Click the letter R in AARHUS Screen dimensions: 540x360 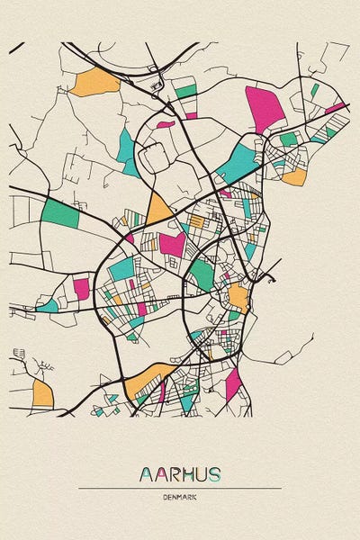(173, 474)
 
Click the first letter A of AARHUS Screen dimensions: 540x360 (146, 474)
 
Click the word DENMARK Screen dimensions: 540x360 (180, 498)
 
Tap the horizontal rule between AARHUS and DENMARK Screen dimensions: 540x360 (180, 489)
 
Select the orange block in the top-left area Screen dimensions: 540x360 (95, 83)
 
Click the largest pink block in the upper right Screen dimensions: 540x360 (265, 106)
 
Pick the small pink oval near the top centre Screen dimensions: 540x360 (165, 123)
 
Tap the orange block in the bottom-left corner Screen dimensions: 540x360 (42, 392)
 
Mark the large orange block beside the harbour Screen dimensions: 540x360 (238, 296)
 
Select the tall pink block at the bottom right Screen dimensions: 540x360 (233, 383)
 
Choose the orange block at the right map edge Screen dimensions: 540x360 (294, 177)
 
